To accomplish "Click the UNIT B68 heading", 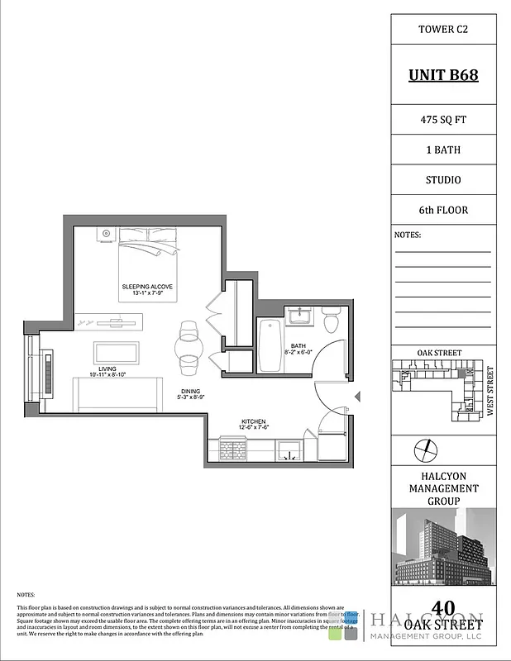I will [x=443, y=76].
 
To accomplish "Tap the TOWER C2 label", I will [x=443, y=30].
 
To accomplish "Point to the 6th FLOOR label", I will [x=443, y=210].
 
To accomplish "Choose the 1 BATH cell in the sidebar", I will [x=443, y=149].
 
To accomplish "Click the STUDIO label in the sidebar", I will [x=443, y=179].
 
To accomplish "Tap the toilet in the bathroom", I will [x=331, y=317].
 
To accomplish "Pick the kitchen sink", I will [x=289, y=450].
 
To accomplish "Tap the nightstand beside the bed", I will [x=106, y=234].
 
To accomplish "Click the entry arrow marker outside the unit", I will [x=357, y=398].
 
